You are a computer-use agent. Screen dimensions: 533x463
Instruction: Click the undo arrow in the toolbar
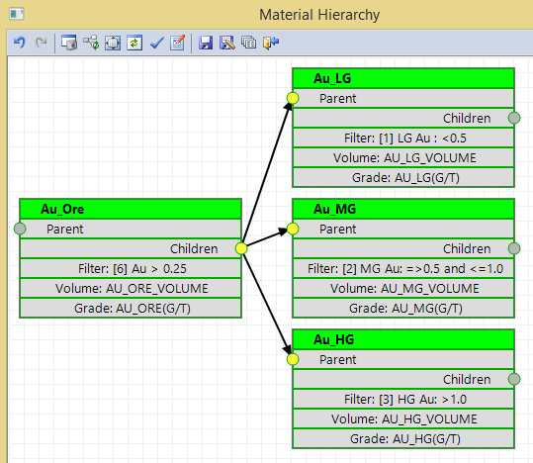click(20, 43)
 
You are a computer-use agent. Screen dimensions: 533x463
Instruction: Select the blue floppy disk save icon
click(206, 43)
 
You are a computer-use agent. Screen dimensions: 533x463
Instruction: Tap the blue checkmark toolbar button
click(156, 43)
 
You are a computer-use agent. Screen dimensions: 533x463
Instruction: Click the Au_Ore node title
click(62, 209)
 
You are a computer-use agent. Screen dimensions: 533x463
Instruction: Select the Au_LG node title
click(332, 78)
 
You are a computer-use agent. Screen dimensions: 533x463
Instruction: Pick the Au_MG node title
click(334, 209)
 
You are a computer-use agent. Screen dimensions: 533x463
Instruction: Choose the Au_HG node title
click(333, 339)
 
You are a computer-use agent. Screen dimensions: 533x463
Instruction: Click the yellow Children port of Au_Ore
click(241, 248)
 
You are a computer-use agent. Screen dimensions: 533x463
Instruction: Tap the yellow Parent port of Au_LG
click(293, 98)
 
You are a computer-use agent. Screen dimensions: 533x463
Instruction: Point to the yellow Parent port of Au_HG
click(293, 359)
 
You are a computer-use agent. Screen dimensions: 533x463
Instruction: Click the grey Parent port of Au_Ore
click(20, 229)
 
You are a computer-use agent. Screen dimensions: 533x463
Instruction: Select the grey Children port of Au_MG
click(514, 248)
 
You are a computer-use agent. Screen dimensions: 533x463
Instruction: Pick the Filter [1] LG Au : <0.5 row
click(403, 139)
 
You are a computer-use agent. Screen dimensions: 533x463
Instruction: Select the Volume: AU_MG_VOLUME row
click(403, 289)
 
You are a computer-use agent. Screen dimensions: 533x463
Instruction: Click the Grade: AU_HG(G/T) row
click(403, 439)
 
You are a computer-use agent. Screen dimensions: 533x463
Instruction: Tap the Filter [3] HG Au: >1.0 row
click(403, 399)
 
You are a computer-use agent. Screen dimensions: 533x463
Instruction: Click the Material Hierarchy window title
click(319, 15)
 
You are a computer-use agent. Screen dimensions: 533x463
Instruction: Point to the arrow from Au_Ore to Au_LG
click(267, 173)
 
